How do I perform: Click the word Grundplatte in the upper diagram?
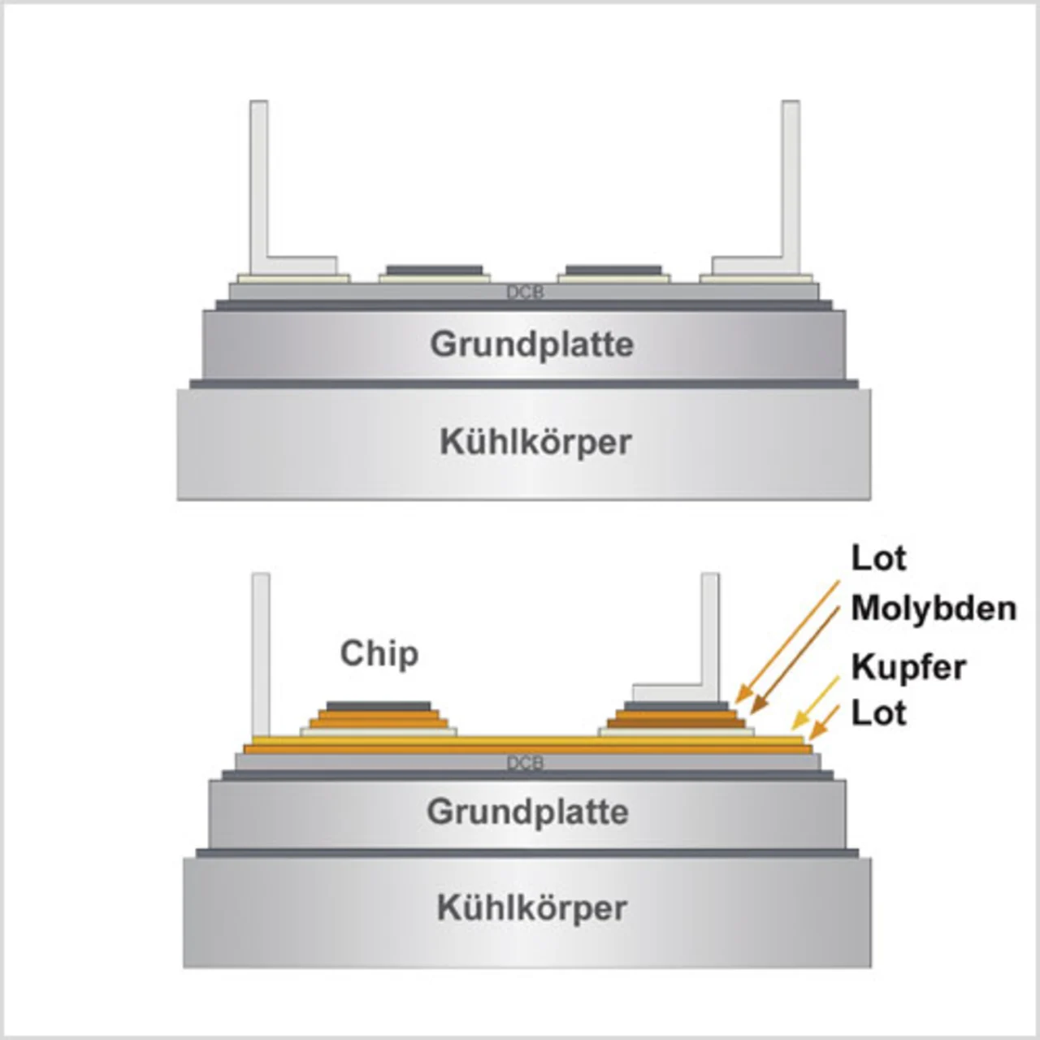[x=531, y=344]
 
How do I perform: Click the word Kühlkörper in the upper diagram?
[x=535, y=443]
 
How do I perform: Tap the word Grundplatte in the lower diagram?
[x=528, y=812]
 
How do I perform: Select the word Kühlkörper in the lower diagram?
[x=532, y=908]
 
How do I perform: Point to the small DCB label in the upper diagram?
[x=525, y=292]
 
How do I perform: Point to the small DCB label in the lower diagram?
[x=525, y=763]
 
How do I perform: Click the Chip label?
[x=379, y=653]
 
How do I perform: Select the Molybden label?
[x=934, y=608]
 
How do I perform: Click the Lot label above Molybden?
[x=878, y=558]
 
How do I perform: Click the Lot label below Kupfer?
[x=878, y=713]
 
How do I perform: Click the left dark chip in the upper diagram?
[x=434, y=270]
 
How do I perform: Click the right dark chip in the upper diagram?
[x=613, y=270]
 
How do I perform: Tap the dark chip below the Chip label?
[x=379, y=705]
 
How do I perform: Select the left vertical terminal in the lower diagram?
[x=261, y=650]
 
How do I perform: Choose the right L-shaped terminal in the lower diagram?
[x=710, y=642]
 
